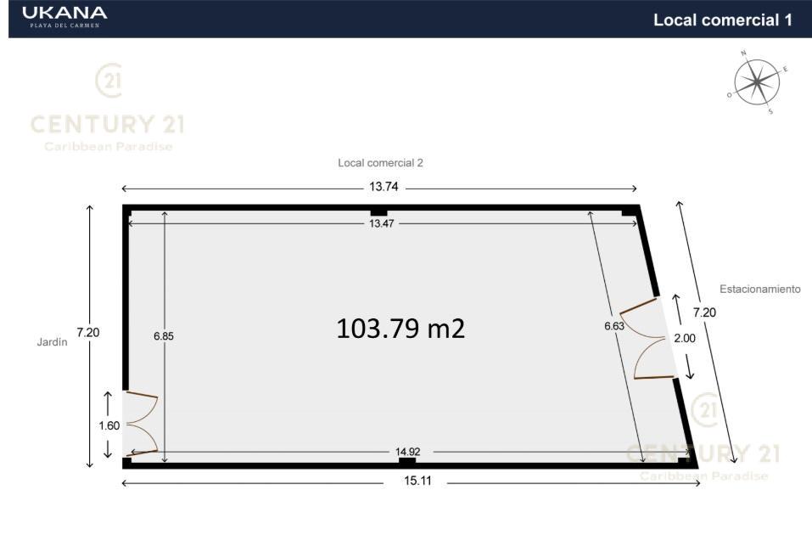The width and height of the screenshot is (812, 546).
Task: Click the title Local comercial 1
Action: coord(722,20)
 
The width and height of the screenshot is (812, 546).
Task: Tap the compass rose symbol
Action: coord(757,82)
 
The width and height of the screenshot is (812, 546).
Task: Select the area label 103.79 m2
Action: coord(400,329)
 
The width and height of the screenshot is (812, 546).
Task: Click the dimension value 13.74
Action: coord(384,187)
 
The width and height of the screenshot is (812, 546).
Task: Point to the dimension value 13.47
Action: coord(382,223)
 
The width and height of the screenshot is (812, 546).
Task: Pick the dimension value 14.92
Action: coord(407,452)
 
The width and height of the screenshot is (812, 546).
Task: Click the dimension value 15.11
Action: coord(417,481)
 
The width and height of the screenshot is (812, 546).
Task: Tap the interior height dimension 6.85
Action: coord(164,336)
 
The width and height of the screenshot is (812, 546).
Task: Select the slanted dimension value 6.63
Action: coord(614,326)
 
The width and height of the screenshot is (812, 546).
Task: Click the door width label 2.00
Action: coord(685,338)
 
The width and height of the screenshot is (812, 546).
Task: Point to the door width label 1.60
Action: coord(109,425)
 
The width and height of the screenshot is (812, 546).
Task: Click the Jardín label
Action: coord(53,342)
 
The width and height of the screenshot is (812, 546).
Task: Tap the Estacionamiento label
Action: coord(760,289)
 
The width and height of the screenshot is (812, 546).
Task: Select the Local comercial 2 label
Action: coord(381,163)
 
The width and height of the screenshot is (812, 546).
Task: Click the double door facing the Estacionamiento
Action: coord(647,339)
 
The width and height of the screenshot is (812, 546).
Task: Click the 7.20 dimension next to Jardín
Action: coord(88,333)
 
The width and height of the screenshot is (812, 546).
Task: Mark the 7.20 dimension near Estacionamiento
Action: coord(704,312)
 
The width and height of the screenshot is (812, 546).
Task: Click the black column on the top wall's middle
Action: coord(379,212)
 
